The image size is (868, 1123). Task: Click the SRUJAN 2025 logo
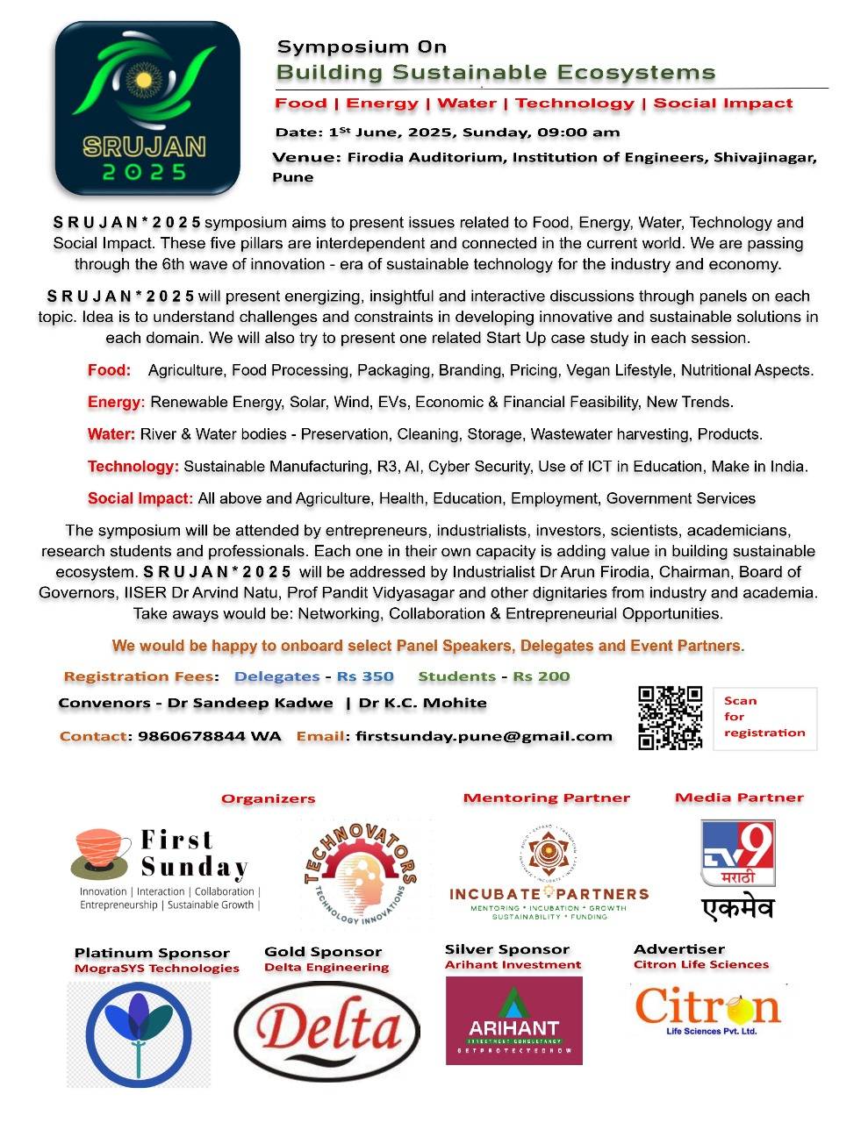point(147,107)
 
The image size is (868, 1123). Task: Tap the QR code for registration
point(670,719)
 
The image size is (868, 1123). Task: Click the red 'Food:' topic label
point(109,370)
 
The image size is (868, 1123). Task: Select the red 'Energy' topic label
point(114,402)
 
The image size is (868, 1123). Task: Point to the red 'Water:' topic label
point(111,434)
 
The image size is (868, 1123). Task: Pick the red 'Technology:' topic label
point(133,466)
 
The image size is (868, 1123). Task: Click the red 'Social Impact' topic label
point(139,498)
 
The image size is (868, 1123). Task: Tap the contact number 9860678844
point(191,736)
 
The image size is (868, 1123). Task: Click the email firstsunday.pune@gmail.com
point(484,736)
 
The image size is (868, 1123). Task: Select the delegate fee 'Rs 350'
point(365,676)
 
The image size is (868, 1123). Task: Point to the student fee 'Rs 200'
point(541,676)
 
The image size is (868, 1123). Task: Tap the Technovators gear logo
point(361,874)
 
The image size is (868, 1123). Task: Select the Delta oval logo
point(326,1031)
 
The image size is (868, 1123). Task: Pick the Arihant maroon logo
point(513,1020)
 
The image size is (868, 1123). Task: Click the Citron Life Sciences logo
point(707,1009)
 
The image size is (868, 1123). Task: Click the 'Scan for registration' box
point(764,718)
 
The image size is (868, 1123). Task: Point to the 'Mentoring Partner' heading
point(546,798)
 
